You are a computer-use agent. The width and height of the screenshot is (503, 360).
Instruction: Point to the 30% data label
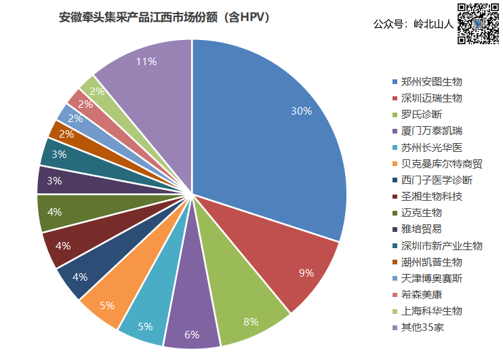tap(301, 111)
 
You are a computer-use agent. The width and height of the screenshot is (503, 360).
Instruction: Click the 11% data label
tap(146, 62)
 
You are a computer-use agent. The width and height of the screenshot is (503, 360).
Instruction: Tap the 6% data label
tap(192, 334)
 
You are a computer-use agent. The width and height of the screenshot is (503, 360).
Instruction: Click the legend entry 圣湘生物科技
tap(431, 197)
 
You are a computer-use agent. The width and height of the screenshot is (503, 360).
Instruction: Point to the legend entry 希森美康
tap(421, 295)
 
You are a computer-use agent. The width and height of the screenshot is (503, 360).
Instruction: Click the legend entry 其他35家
tap(422, 327)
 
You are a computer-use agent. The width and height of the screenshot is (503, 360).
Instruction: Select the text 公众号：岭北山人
tap(412, 24)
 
